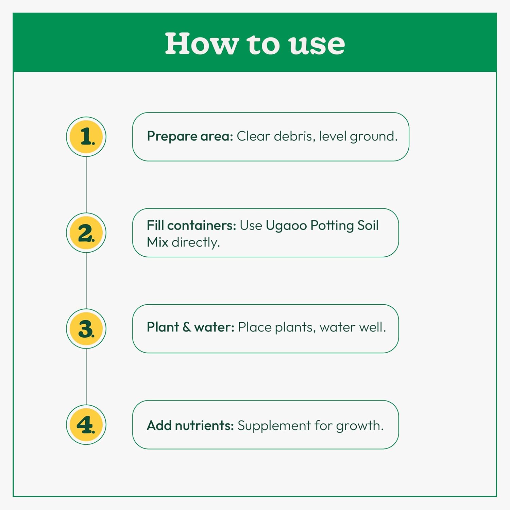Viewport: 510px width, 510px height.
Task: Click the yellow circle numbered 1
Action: tap(86, 137)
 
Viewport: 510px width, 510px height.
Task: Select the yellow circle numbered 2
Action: tap(86, 233)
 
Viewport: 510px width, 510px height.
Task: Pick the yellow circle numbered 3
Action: tap(86, 329)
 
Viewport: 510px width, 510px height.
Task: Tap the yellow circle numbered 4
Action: tap(86, 425)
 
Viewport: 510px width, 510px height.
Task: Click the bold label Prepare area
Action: tap(190, 137)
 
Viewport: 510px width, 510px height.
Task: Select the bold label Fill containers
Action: tap(191, 225)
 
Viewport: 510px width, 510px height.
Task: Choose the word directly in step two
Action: tap(196, 243)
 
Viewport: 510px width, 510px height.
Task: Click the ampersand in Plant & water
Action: tap(187, 327)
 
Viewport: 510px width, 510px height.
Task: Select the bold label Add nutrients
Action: tap(190, 425)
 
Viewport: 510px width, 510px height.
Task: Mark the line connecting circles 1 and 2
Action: tap(86, 185)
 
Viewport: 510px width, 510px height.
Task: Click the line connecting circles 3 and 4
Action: tap(86, 377)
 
